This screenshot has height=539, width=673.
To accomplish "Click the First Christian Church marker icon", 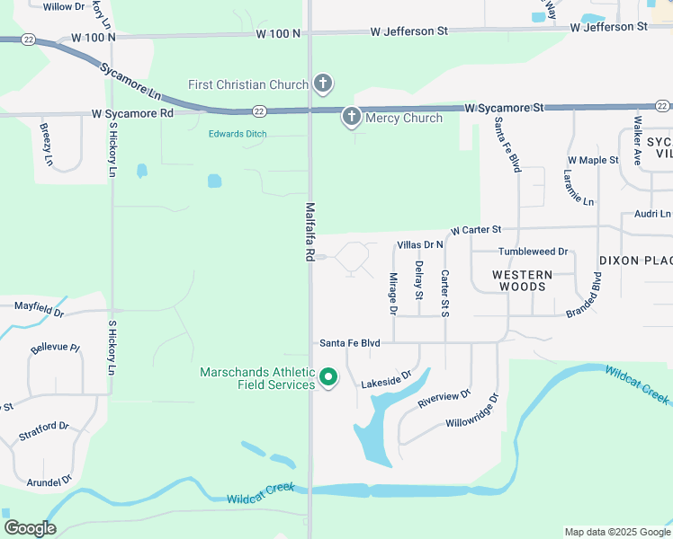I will coord(323,84).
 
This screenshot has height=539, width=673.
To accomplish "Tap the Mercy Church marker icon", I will coord(351,117).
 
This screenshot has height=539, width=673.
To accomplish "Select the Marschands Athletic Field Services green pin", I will coord(328,378).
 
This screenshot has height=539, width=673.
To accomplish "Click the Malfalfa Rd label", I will coord(310,231).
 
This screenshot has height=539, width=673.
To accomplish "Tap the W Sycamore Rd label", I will coord(131,114).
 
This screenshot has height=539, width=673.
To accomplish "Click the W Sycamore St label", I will coord(504,108).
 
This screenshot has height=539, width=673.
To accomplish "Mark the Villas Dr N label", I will coord(420,244).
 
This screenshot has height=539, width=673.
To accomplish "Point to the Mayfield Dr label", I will coord(40,309).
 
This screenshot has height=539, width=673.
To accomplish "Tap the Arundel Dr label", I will coord(49,482).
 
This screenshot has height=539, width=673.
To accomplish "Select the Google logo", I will coord(30,528).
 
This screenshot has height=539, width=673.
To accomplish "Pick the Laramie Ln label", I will coord(579,188).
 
